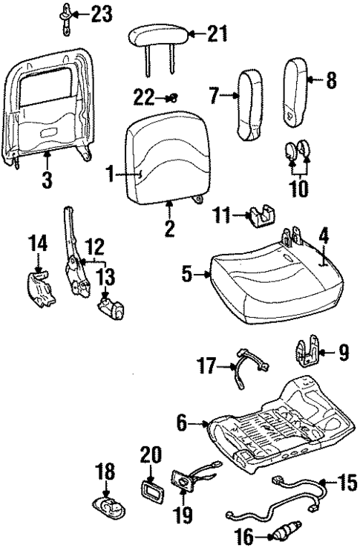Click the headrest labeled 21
click(157, 36)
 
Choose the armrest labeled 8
click(299, 90)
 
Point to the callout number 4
click(324, 238)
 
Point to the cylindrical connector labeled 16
click(285, 532)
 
